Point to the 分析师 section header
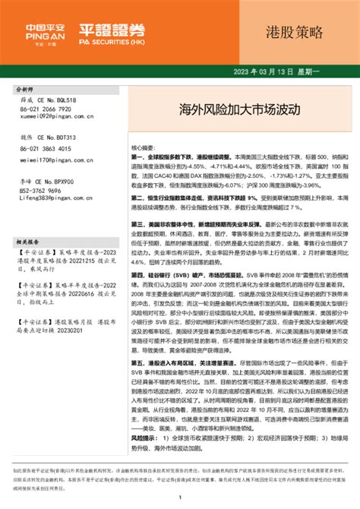point(27,89)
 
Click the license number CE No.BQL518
point(57,100)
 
